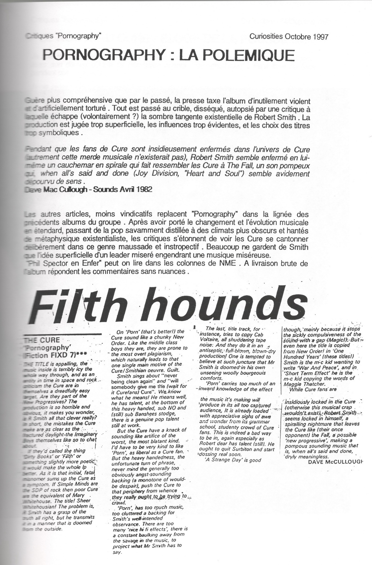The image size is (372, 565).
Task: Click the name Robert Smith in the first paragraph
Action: point(277,118)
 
